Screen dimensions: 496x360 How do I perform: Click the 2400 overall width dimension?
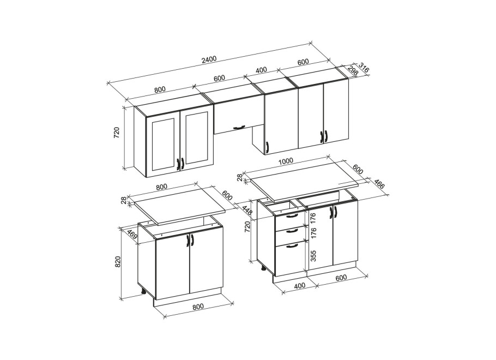pyautogui.click(x=209, y=59)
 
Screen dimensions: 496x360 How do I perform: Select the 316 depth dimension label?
pyautogui.click(x=364, y=68)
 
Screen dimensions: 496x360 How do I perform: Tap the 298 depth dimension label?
pyautogui.click(x=352, y=71)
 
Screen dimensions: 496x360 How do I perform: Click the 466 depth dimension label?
pyautogui.click(x=379, y=184)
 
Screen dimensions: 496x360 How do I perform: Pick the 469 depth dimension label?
pyautogui.click(x=132, y=235)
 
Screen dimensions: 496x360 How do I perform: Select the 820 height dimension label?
pyautogui.click(x=117, y=262)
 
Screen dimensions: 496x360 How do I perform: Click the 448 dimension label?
pyautogui.click(x=247, y=211)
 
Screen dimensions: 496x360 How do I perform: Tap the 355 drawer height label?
pyautogui.click(x=313, y=256)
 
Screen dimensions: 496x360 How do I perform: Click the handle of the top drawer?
pyautogui.click(x=292, y=216)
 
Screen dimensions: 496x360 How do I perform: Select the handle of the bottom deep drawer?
pyautogui.click(x=292, y=245)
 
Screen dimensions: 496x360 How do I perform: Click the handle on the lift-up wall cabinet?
pyautogui.click(x=239, y=127)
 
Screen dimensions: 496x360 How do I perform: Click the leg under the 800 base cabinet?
pyautogui.click(x=143, y=291)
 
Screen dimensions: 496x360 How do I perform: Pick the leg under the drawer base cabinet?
pyautogui.click(x=263, y=269)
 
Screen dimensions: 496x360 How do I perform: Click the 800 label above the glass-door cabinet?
pyautogui.click(x=160, y=89)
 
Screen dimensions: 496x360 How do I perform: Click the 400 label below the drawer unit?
pyautogui.click(x=300, y=286)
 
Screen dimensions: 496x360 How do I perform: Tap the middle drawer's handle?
pyautogui.click(x=292, y=231)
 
